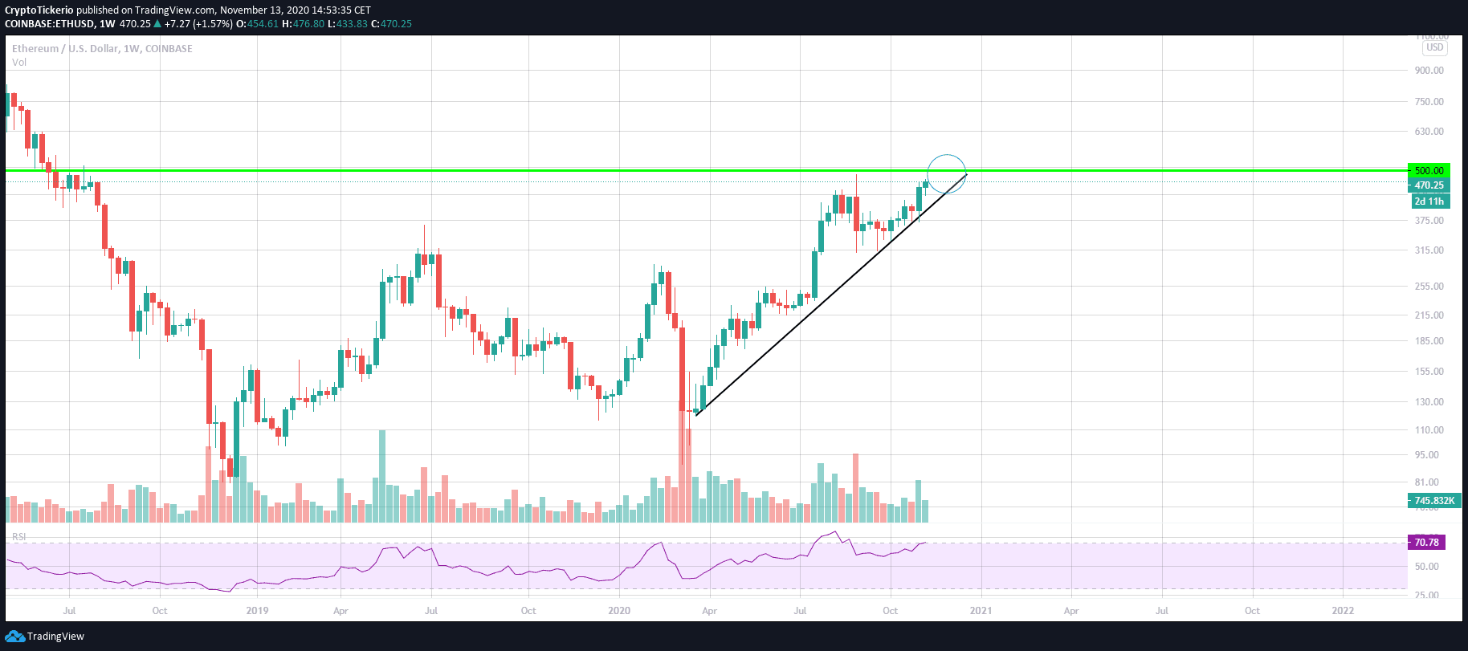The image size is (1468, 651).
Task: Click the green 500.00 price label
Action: [1429, 170]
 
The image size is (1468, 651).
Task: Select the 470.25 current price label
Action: [1429, 185]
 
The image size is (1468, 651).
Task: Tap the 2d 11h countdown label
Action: [1429, 201]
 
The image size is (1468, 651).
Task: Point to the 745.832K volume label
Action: [1433, 501]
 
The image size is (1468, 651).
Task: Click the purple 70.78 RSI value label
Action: [1426, 543]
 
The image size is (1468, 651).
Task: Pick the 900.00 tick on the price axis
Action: [1429, 71]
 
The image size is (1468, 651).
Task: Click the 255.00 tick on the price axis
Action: [1429, 287]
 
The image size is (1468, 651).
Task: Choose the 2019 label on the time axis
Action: [257, 611]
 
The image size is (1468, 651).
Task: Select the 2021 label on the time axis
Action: [981, 611]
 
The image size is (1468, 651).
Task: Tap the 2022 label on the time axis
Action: [1343, 611]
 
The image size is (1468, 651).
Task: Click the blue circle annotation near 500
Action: [946, 173]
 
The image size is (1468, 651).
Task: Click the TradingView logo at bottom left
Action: [45, 637]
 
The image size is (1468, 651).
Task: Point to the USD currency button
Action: [1434, 47]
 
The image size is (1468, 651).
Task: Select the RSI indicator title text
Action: [18, 536]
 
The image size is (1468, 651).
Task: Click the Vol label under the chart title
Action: [19, 63]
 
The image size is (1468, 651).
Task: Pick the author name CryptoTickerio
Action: [39, 10]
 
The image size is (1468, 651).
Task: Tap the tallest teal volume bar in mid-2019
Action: [382, 476]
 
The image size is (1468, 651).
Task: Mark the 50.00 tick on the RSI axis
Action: [1426, 567]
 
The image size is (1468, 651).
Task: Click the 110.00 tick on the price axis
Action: [1429, 430]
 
